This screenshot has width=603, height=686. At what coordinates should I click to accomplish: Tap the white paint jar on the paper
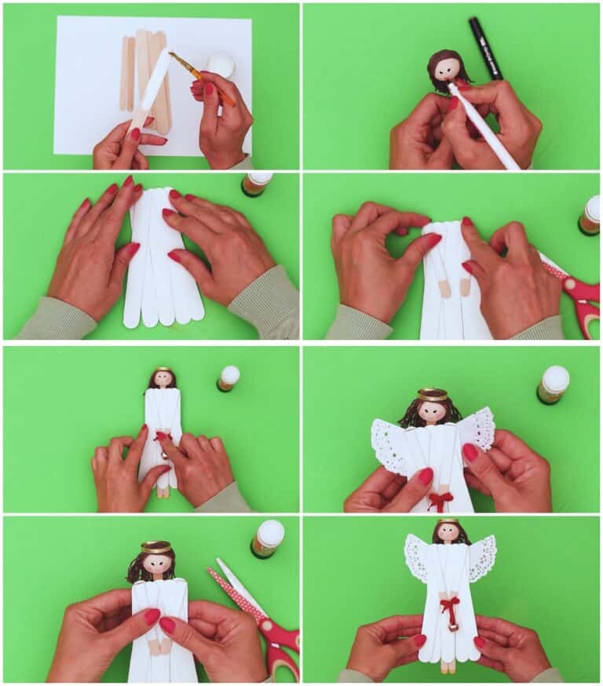pyautogui.click(x=221, y=64)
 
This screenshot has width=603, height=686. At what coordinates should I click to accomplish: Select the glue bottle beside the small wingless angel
pyautogui.click(x=228, y=378)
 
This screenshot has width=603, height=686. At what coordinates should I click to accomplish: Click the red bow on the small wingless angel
pyautogui.click(x=163, y=437)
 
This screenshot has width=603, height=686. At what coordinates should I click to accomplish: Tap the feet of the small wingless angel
pyautogui.click(x=163, y=491)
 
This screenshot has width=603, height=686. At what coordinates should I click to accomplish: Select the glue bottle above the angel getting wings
pyautogui.click(x=554, y=384)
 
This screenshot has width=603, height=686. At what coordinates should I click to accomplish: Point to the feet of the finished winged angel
pyautogui.click(x=448, y=666)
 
